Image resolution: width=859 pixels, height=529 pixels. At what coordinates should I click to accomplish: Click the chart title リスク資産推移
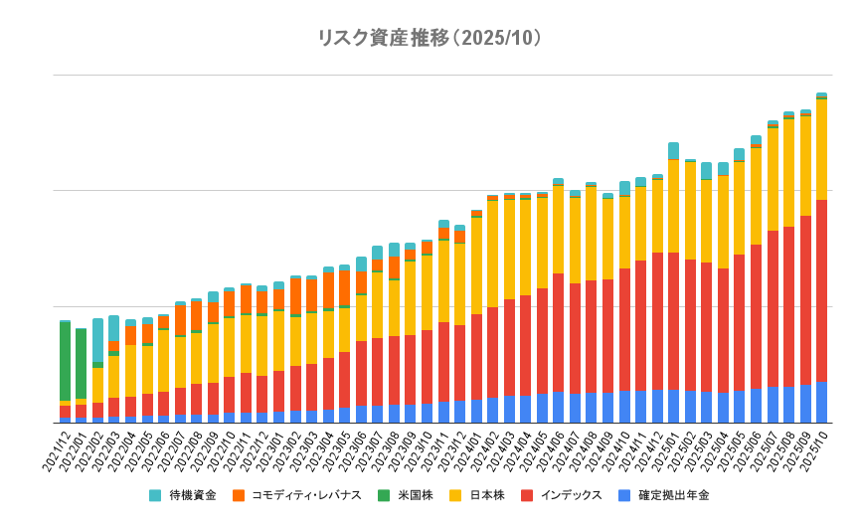pos(429,38)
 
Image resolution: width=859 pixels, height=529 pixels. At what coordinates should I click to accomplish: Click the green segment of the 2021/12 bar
pos(65,360)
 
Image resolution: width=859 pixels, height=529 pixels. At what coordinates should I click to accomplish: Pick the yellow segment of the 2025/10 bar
pos(821,149)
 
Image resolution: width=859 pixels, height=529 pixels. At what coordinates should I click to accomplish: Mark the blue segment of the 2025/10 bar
pos(821,402)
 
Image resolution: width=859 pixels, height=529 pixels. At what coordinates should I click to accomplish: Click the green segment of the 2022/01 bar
pos(81,364)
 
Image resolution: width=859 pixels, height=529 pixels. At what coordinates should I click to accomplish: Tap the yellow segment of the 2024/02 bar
pos(493,254)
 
